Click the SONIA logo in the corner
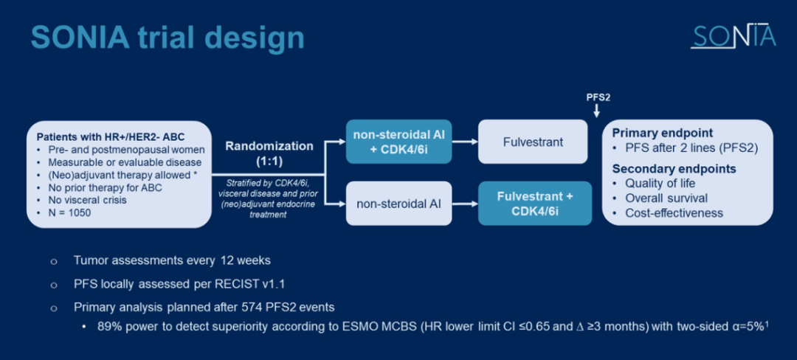point(733,35)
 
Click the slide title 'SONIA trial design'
point(168,38)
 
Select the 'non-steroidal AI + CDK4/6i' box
point(398,141)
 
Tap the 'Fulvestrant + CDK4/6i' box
point(534,203)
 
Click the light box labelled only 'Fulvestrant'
point(533,141)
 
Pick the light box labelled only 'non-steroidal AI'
point(398,203)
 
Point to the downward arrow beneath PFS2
point(597,111)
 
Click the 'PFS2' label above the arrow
point(598,97)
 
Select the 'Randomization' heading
point(269,146)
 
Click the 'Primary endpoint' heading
point(662,134)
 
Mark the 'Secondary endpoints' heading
point(674,169)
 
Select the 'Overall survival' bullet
point(666,198)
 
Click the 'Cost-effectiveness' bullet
point(674,212)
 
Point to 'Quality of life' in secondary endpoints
point(660,183)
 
